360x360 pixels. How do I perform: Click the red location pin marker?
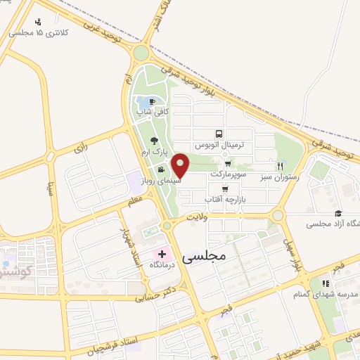(x=181, y=165)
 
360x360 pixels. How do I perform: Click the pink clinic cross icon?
(x=162, y=254)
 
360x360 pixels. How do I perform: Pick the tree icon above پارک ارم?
(x=154, y=140)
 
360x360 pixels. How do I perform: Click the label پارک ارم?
(x=153, y=151)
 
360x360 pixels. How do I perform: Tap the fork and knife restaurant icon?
(x=280, y=166)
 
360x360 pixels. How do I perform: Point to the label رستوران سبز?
(x=281, y=177)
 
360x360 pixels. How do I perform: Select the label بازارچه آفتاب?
(x=221, y=200)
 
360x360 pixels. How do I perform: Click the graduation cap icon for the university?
(x=338, y=213)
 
